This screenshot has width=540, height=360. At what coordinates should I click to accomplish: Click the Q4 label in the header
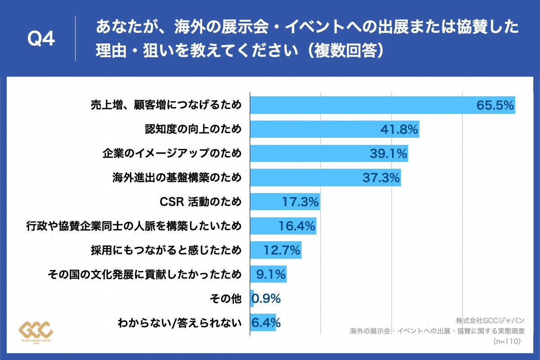[x=41, y=39]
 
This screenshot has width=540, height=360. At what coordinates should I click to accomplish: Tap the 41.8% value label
[x=400, y=130]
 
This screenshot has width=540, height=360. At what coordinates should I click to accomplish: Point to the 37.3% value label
[x=381, y=178]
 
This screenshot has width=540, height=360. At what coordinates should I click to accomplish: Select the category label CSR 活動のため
[x=201, y=202]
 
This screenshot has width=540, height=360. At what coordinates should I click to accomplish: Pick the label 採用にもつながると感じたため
[x=166, y=250]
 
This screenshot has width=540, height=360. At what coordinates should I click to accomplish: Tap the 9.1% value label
[x=271, y=274]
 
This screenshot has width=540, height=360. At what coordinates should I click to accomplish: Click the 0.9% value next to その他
[x=266, y=298]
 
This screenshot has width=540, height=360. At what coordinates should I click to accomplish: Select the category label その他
[x=226, y=298]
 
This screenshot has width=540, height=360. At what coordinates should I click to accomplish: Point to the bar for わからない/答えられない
[x=263, y=322]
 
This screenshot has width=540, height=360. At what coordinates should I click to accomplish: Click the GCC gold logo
[x=36, y=332]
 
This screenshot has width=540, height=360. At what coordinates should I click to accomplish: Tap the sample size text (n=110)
[x=507, y=342]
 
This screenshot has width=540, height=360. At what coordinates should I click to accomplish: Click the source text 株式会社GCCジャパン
[x=490, y=320]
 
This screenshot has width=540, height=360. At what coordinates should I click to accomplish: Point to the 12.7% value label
[x=282, y=250]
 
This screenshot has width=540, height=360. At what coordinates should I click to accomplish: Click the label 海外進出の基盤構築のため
[x=177, y=178]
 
